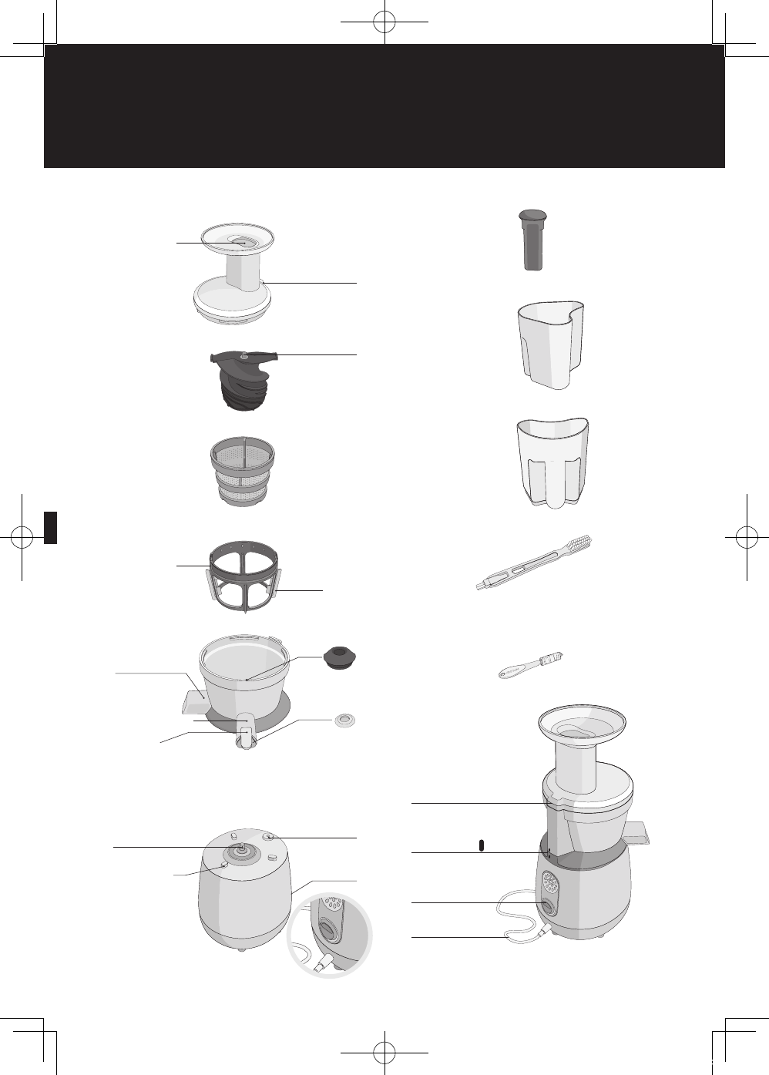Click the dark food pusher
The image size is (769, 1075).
click(x=532, y=239)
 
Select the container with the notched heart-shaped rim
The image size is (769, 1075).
click(x=550, y=344)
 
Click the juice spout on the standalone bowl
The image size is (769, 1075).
click(x=245, y=736)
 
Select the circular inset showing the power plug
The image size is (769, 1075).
click(x=329, y=935)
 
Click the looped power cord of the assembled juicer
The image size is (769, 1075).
click(x=512, y=917)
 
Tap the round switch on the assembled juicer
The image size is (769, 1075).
click(x=548, y=906)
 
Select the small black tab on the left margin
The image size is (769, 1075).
click(x=50, y=527)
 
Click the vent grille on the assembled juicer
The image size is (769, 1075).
click(x=549, y=881)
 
